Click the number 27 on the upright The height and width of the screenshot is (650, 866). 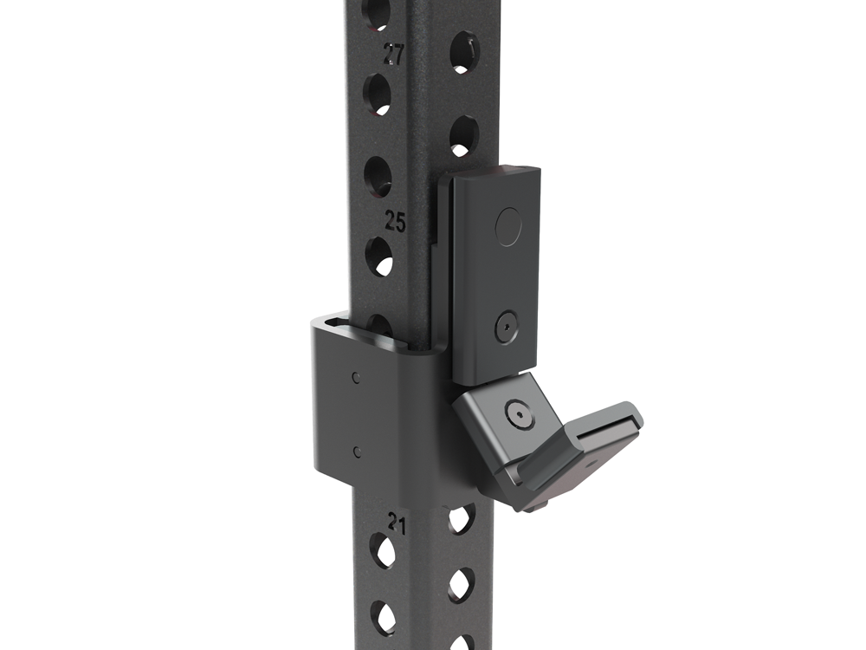394,55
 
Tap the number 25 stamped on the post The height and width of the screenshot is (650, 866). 395,222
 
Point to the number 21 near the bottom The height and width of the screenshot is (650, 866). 397,523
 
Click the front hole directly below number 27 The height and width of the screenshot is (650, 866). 377,93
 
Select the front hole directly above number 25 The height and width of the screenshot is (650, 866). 377,176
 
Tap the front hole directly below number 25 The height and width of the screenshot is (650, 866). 378,257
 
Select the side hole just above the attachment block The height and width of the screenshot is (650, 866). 463,136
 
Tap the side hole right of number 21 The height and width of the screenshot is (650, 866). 461,519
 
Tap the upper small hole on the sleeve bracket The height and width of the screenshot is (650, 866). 356,378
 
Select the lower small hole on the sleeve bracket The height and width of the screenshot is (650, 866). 356,450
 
